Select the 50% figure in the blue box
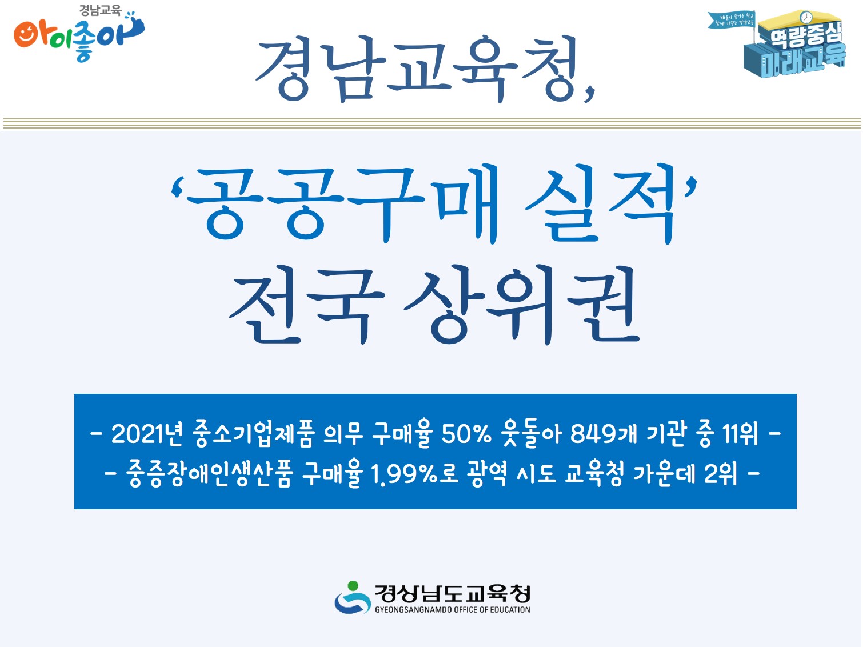(466, 434)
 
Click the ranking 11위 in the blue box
(740, 434)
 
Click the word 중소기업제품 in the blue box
(254, 434)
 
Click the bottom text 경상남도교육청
(452, 593)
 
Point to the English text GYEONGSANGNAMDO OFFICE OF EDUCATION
(452, 610)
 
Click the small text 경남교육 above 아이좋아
(100, 10)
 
